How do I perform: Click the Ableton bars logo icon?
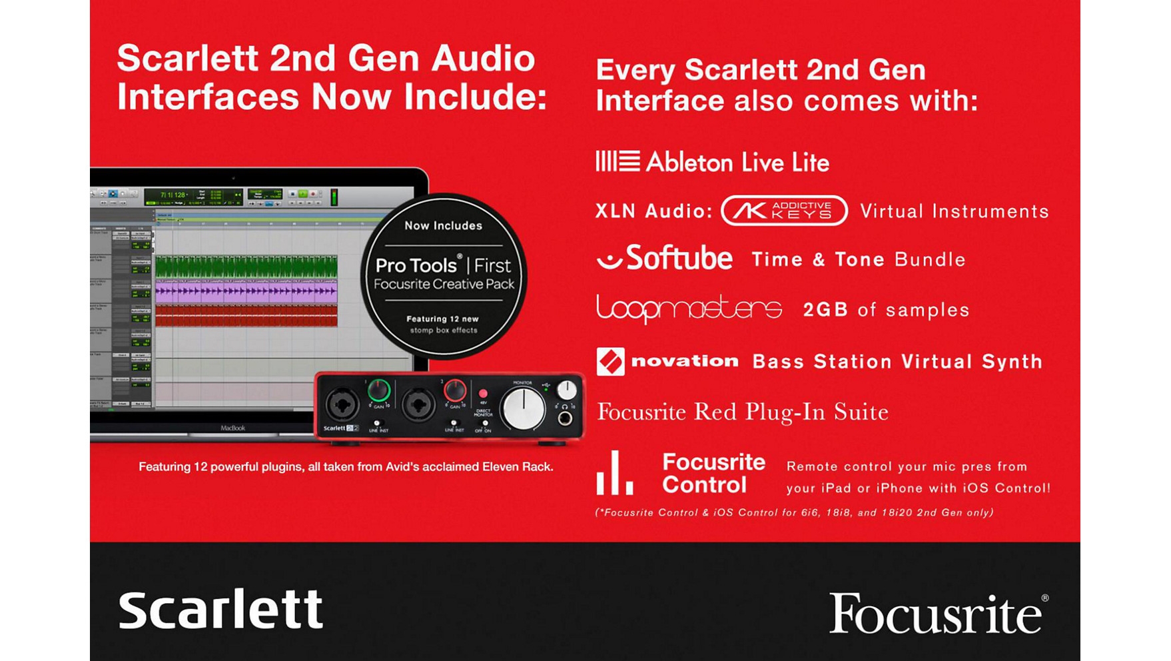[x=617, y=161]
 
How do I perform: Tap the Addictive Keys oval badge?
[x=784, y=211]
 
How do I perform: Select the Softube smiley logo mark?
[x=609, y=259]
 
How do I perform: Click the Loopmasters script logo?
[x=689, y=309]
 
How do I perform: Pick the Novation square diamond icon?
[x=610, y=362]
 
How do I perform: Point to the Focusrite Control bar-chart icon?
[x=614, y=474]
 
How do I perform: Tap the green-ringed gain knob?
[x=379, y=390]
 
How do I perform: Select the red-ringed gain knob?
[x=455, y=390]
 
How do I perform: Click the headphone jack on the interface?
[x=565, y=418]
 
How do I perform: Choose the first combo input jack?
[x=342, y=404]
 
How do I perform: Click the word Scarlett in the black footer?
[x=220, y=609]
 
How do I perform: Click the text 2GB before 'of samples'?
[x=825, y=310]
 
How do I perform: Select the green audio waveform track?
[x=246, y=267]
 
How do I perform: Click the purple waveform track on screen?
[x=246, y=291]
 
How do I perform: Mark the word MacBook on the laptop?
[x=233, y=428]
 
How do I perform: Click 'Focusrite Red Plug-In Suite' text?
[x=742, y=412]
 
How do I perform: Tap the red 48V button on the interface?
[x=483, y=393]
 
